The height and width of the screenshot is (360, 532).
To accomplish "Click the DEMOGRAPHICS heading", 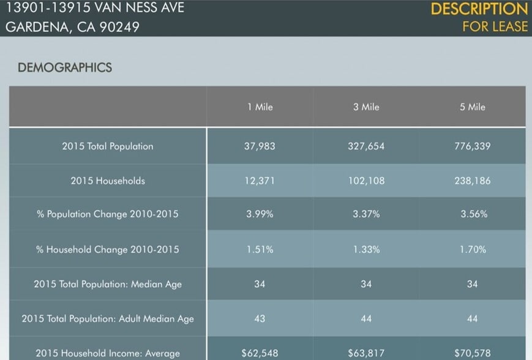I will click(65, 67).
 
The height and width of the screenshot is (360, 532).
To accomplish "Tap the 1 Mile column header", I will click(260, 107).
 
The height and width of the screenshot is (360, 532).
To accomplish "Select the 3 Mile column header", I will click(366, 107).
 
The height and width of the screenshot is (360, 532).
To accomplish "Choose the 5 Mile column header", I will click(472, 107).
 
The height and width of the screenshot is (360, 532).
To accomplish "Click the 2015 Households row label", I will click(108, 181).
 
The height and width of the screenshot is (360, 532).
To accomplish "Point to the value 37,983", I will click(260, 146).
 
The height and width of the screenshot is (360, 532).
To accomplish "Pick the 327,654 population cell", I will click(366, 146).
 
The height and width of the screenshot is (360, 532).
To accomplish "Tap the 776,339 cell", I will click(472, 146).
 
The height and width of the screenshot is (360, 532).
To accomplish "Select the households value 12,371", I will click(260, 181).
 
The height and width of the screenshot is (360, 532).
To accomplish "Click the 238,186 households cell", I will click(472, 181).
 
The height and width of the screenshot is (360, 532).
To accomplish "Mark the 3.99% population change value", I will click(260, 214).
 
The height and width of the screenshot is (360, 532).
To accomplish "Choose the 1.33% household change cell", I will click(366, 249).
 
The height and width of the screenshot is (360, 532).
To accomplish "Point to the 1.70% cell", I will click(472, 249).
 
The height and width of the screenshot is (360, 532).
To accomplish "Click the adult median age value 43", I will click(260, 318).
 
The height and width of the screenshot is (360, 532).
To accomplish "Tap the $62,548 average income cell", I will click(260, 353).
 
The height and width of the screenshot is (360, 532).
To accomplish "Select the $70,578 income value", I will click(472, 353).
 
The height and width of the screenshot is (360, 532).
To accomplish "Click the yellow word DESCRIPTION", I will click(479, 9).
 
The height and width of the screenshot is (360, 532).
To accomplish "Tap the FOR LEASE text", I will click(495, 26).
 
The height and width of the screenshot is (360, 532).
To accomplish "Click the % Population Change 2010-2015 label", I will click(108, 214).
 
